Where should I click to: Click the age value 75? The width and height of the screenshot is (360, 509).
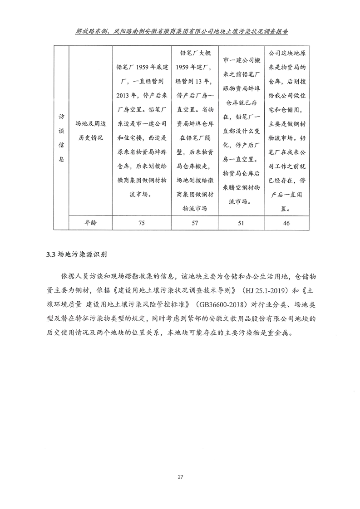(x=141, y=223)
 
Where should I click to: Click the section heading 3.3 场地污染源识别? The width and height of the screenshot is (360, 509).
(x=73, y=254)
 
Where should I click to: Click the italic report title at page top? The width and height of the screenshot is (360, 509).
(x=180, y=33)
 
